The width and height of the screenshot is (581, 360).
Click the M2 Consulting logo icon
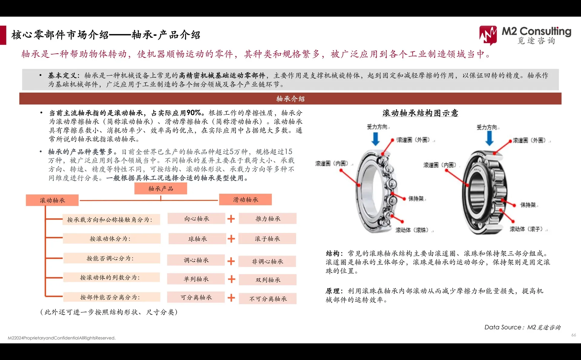488,35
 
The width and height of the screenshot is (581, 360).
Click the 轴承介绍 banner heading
290,99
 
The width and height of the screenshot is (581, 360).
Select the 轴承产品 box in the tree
161,189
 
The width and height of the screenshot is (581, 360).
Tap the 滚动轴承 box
52,200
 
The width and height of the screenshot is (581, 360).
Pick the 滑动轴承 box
245,200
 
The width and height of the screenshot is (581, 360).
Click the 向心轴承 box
196,219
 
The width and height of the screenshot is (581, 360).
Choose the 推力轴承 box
268,219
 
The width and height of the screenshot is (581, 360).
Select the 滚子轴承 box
267,239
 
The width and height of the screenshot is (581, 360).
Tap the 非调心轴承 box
267,261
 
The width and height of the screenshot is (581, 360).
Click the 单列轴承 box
196,279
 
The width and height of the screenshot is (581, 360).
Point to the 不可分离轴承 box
268,299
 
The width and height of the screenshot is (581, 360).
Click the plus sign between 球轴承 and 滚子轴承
231,239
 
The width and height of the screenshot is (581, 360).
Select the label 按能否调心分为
111,258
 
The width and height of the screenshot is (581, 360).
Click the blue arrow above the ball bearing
376,139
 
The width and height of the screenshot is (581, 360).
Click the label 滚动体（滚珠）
414,230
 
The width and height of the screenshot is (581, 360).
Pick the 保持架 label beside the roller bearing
528,205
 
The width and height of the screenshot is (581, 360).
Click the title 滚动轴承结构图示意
420,113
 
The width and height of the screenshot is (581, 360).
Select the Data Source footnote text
522,327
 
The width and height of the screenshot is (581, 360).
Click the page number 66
573,335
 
